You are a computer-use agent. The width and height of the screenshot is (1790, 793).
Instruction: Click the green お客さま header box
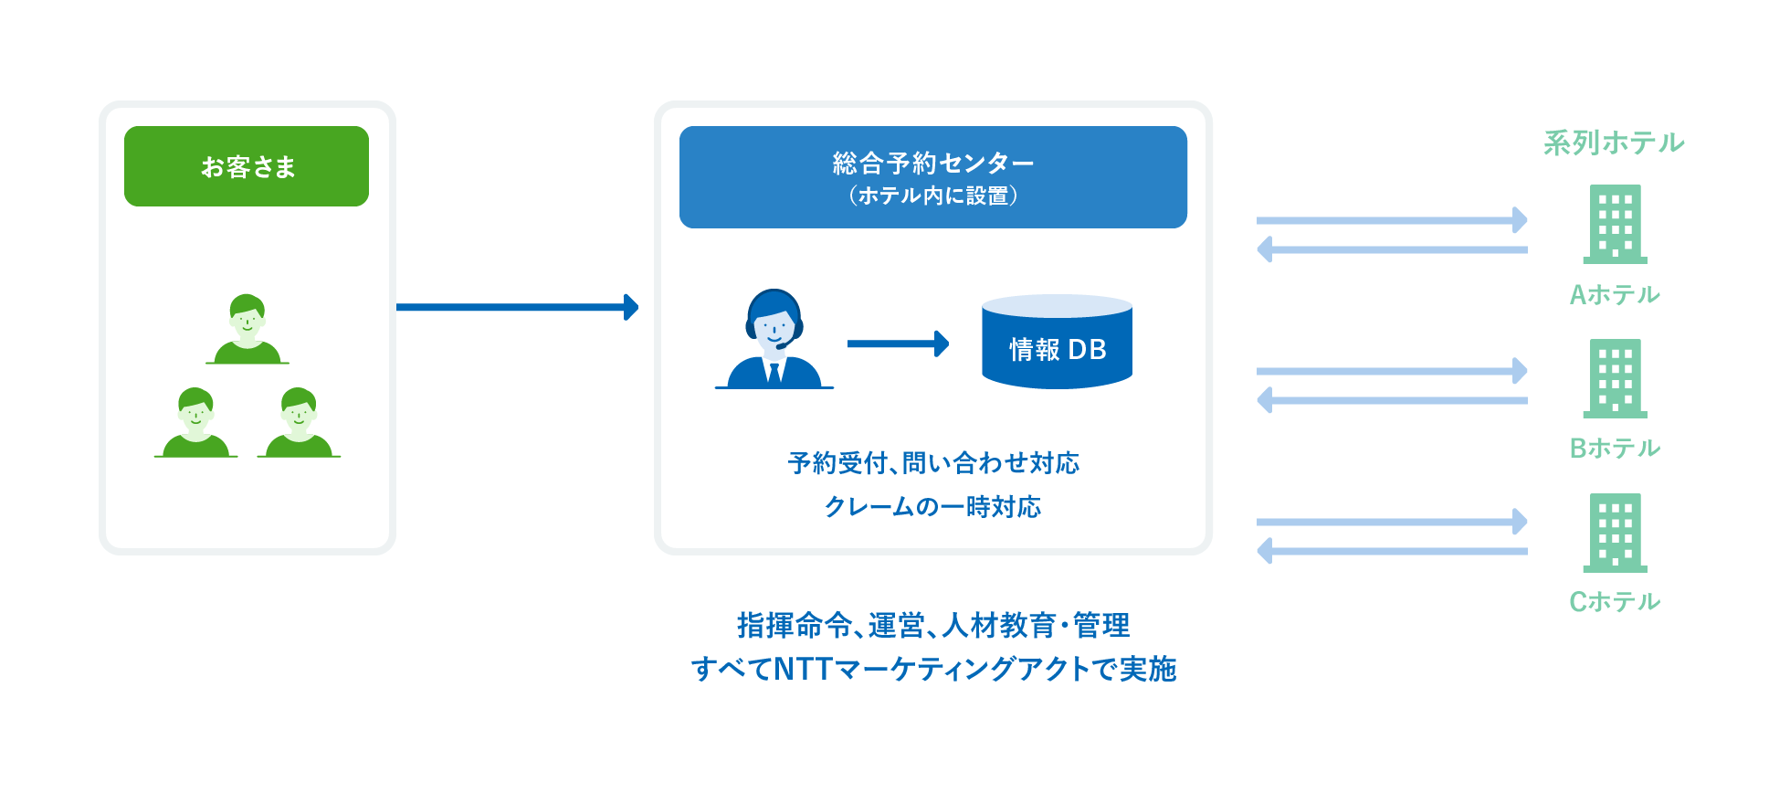(247, 166)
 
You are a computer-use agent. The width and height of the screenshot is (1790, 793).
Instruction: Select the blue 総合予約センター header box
(932, 177)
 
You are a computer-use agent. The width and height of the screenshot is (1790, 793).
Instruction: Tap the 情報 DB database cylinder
(1057, 343)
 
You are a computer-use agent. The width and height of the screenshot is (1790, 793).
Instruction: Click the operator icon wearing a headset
(774, 340)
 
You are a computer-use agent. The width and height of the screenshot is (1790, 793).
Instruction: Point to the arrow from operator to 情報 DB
(898, 344)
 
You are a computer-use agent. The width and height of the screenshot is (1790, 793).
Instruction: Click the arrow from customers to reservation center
(517, 307)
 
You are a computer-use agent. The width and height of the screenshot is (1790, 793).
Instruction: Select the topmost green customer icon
(247, 329)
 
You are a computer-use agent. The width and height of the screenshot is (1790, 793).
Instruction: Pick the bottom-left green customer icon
(196, 422)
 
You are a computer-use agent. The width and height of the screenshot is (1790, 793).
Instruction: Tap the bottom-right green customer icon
(299, 422)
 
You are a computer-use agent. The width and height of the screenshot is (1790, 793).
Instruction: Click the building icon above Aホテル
(1615, 224)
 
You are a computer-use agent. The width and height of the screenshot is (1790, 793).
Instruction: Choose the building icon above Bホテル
(1615, 378)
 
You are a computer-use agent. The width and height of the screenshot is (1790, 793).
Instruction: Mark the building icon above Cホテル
(1615, 533)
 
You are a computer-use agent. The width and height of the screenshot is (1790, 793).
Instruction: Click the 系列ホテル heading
(1614, 143)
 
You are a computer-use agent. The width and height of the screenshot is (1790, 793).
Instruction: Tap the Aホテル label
(1614, 294)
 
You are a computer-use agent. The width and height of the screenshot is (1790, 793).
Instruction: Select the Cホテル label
(1614, 601)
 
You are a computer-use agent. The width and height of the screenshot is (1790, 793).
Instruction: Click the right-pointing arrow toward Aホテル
(1392, 220)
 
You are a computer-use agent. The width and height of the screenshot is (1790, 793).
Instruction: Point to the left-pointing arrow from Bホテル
(1392, 400)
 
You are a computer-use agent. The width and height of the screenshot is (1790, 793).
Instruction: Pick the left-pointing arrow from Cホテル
(1392, 551)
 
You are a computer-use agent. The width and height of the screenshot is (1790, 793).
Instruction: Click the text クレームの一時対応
(932, 506)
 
